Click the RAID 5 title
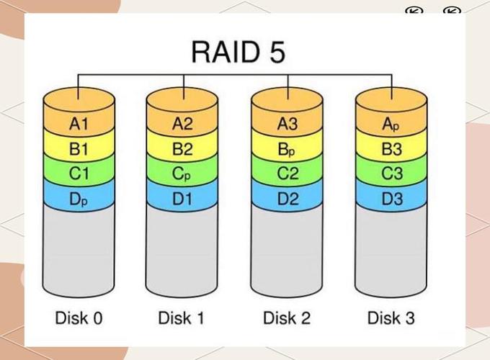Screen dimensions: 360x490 coord(238,53)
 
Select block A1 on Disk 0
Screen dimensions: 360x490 coord(79,124)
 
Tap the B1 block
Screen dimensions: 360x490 coord(79,150)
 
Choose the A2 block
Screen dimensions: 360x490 coord(183,124)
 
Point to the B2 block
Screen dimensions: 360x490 coord(183,150)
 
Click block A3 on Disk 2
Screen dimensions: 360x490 coord(288,124)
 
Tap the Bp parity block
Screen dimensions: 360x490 coord(288,150)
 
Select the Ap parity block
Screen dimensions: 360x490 coord(391,124)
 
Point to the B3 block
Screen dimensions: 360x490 coord(391,150)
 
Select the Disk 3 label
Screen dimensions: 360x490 coord(391,318)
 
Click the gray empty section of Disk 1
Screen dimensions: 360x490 coord(183,248)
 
